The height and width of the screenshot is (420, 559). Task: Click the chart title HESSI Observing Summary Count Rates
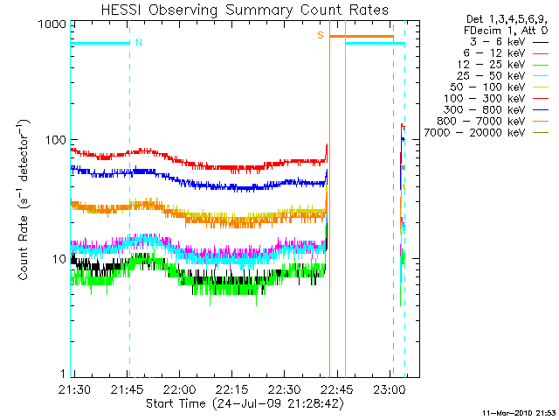click(x=244, y=10)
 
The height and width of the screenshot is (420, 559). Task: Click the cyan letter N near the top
click(x=139, y=42)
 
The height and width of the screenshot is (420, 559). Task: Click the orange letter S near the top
click(x=321, y=36)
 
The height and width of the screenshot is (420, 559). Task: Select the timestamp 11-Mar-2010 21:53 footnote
click(x=520, y=412)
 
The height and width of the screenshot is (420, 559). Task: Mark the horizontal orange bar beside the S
click(x=361, y=37)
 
